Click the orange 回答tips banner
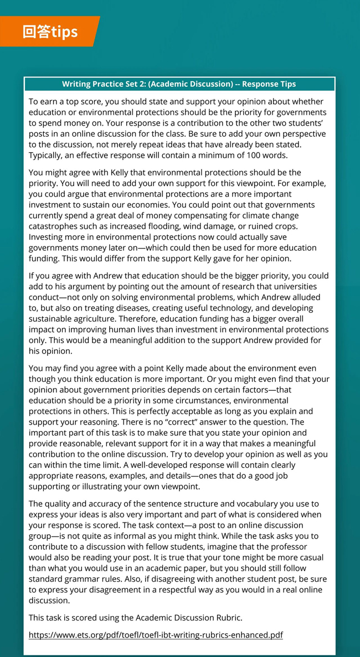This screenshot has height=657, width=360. coord(50,32)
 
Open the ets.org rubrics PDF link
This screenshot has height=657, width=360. coord(156,635)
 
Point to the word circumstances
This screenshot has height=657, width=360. coord(204,400)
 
